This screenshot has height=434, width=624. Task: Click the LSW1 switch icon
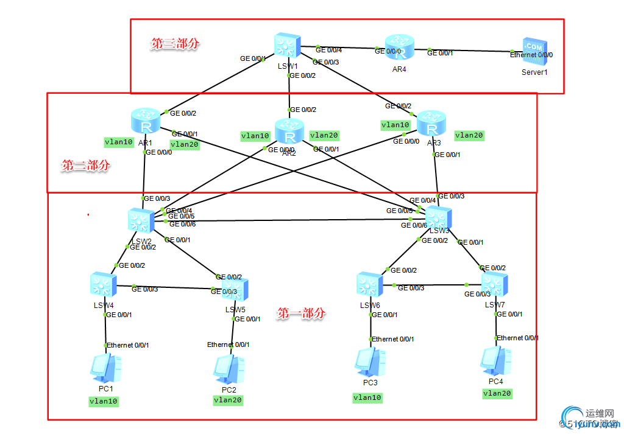point(286,46)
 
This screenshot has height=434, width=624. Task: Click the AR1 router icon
point(146,121)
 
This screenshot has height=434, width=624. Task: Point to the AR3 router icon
point(432,124)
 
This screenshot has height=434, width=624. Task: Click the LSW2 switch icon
point(141,220)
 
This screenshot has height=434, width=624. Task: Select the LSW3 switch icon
point(438,218)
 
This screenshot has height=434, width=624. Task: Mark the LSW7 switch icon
point(494,284)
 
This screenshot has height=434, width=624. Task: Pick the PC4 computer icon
point(495,360)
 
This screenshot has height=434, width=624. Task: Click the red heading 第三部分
point(175,44)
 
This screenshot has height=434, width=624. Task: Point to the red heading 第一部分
point(301,314)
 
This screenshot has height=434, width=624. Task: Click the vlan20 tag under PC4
point(497,394)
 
